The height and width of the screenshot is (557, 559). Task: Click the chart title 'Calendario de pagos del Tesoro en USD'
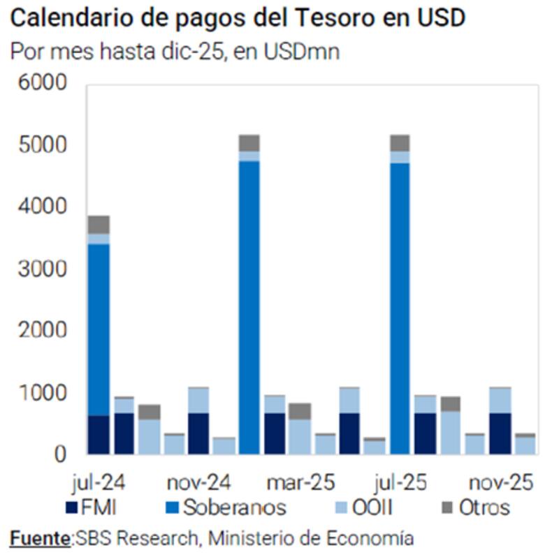(238, 18)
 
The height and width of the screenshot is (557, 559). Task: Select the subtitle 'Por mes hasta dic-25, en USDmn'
(175, 52)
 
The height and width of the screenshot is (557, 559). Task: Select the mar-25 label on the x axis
(300, 482)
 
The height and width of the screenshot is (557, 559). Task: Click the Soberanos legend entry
(224, 507)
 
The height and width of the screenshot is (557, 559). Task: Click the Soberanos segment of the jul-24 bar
(99, 328)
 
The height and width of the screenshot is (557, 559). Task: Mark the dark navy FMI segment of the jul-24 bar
(99, 435)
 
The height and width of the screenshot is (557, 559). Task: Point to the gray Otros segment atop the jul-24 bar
(99, 224)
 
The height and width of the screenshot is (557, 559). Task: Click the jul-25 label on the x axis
(401, 482)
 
